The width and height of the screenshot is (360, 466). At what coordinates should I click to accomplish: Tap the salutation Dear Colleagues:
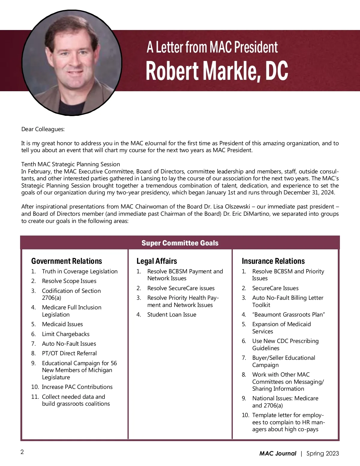43,129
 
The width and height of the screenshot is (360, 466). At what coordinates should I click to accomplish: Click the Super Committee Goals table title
180,243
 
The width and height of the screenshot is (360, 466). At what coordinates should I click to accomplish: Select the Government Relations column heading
67,261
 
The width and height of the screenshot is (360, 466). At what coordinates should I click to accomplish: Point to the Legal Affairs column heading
157,261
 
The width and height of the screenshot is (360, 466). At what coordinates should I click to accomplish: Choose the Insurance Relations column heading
273,261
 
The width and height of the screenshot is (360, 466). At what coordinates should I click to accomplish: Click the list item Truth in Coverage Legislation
79,271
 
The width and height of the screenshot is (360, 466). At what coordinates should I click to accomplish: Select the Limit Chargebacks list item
65,334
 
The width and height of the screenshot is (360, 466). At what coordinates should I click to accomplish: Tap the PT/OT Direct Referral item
69,353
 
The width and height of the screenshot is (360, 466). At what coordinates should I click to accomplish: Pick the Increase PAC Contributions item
77,387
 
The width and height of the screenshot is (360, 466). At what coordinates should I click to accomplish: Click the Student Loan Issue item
172,314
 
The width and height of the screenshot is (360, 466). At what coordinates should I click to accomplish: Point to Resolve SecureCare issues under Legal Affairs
181,288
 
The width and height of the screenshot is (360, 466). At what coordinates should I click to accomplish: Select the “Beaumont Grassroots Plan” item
289,314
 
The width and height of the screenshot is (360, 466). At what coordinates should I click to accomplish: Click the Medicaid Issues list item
62,324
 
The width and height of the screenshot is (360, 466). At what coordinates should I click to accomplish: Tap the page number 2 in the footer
22,452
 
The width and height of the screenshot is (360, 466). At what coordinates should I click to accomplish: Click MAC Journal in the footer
277,453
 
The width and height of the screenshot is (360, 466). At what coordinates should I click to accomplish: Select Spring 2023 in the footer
322,453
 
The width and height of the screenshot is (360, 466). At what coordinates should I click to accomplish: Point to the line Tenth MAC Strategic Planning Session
70,164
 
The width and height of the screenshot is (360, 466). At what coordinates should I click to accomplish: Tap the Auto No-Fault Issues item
69,344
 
